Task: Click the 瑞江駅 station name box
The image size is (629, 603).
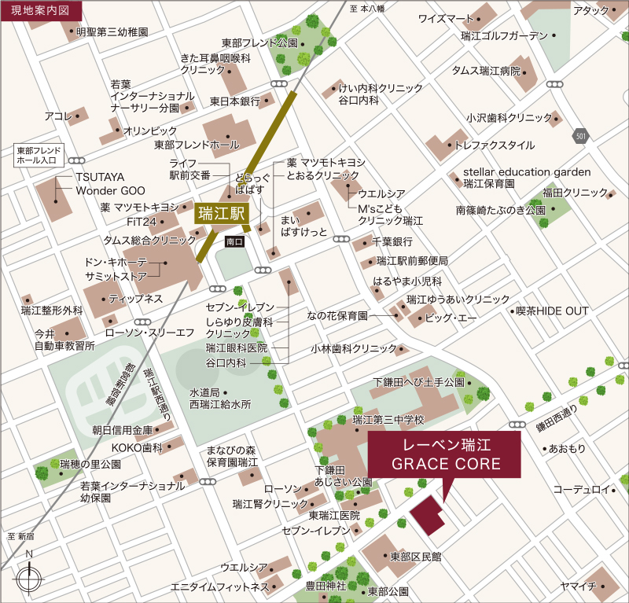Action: coord(223,212)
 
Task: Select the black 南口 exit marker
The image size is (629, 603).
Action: coord(234,241)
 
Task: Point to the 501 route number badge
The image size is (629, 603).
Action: coord(580,137)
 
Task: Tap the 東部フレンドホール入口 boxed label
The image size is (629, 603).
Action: coord(39,154)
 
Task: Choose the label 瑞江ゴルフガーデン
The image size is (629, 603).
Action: coord(505,36)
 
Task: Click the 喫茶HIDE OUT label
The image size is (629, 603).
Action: coord(551,311)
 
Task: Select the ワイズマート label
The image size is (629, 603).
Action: coord(446,18)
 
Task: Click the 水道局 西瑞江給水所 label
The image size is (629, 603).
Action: coord(220,399)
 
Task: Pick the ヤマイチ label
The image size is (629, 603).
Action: coord(579,586)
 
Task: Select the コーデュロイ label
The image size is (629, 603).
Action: coord(581,490)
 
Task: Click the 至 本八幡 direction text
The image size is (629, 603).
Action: coord(366,9)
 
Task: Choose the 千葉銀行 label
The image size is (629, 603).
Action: coord(392,242)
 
